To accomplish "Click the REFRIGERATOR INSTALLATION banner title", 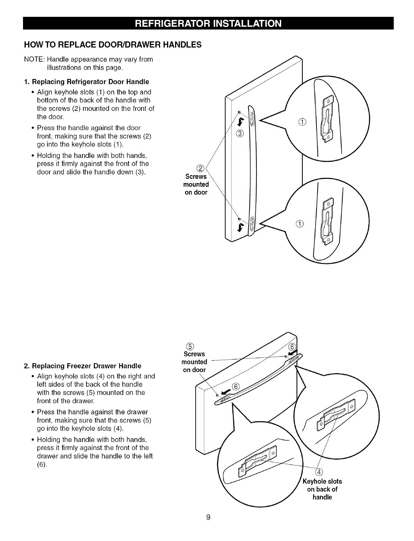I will (208, 24).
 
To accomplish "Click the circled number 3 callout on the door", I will (240, 134).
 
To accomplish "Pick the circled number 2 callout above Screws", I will (201, 168).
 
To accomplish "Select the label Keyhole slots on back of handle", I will (322, 489).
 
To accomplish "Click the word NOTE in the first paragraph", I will (33, 59).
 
